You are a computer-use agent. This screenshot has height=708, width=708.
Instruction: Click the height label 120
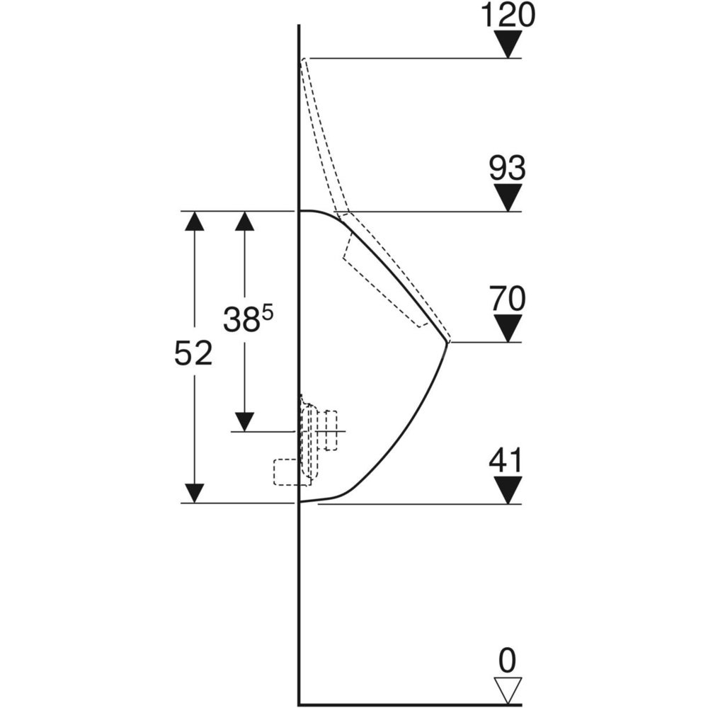(x=508, y=15)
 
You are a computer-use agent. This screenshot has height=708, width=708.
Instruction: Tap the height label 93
(x=508, y=168)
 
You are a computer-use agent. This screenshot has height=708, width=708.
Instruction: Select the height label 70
(x=508, y=299)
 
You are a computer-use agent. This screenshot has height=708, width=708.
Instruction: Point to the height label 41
(x=506, y=460)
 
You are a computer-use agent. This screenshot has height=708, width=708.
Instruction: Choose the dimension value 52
(x=193, y=353)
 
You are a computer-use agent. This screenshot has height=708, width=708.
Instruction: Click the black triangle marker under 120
(x=508, y=44)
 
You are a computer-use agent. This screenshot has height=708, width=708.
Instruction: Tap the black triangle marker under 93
(x=508, y=198)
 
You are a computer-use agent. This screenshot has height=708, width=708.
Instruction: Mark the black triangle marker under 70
(x=508, y=329)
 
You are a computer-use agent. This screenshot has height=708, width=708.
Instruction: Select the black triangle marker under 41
(x=508, y=490)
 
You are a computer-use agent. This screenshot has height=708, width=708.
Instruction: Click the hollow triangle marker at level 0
(x=508, y=690)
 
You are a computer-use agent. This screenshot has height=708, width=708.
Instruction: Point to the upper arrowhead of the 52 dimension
(x=195, y=221)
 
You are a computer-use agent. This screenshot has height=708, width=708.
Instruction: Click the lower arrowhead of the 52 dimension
(x=195, y=493)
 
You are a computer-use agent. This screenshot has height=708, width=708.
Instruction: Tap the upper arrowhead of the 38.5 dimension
(x=244, y=221)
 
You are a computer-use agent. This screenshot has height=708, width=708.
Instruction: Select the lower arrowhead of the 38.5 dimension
(x=244, y=422)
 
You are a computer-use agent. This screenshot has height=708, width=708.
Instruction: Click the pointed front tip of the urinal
(x=447, y=343)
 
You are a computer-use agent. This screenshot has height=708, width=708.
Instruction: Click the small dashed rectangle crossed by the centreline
(x=331, y=430)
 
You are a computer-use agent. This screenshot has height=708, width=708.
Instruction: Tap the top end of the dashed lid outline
(x=304, y=59)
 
